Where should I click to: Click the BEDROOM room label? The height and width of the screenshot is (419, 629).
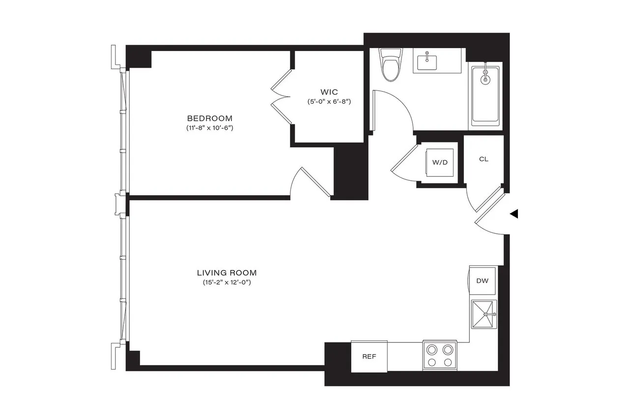[209, 118]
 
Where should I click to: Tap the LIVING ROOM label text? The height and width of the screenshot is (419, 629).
[227, 273]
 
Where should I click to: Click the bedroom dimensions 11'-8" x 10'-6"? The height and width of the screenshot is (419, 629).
[209, 128]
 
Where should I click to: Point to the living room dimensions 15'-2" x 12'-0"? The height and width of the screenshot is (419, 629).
[227, 282]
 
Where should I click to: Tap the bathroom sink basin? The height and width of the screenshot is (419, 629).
[428, 62]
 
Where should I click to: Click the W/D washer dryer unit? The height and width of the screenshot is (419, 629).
[440, 163]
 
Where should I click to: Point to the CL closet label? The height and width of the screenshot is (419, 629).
[484, 160]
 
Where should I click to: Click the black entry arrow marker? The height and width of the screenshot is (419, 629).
[514, 214]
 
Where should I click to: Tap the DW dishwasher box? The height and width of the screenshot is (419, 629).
[482, 281]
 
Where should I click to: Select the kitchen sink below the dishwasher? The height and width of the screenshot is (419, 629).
[484, 314]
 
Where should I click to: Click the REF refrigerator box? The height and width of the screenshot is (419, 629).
[369, 357]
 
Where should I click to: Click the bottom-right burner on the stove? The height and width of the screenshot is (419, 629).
[447, 363]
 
